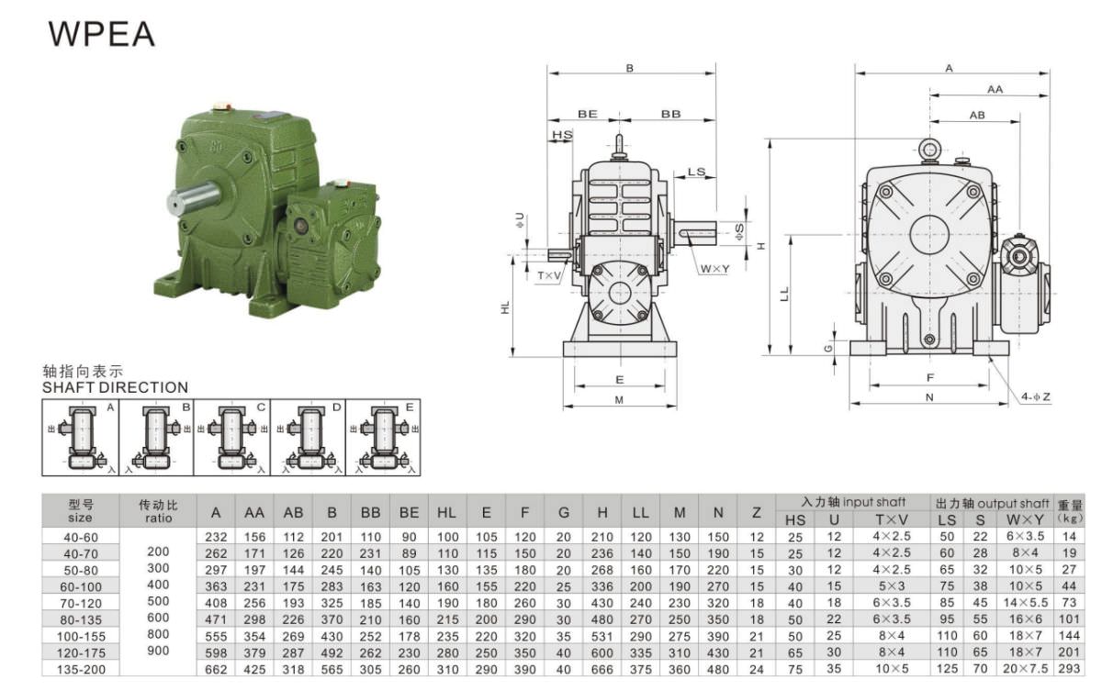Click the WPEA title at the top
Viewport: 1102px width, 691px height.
coord(101,33)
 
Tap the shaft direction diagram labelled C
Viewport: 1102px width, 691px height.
coord(231,438)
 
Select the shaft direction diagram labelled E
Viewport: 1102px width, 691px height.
coord(383,438)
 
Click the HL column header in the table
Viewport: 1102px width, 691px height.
coord(446,513)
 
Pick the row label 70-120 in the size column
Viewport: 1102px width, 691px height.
coord(81,603)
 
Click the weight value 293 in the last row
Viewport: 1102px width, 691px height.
coord(1069,668)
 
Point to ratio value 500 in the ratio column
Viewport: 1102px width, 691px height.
coord(158,601)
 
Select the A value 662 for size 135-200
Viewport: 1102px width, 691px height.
coord(216,669)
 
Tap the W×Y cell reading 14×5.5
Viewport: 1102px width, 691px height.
coord(1025,603)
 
